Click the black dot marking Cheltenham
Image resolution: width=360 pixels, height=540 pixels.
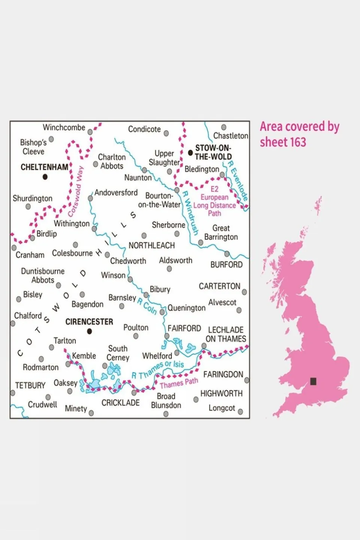(x=45, y=177)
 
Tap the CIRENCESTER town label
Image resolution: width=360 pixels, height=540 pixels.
(x=89, y=322)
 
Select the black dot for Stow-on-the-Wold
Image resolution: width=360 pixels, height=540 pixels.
(x=190, y=153)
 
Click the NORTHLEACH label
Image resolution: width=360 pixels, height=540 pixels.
(x=152, y=245)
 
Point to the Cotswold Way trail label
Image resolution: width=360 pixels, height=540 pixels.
(x=75, y=192)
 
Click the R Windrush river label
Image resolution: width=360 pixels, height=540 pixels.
(x=190, y=213)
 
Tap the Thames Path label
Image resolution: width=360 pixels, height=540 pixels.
(x=179, y=383)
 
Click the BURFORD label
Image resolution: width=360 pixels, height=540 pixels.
(x=226, y=265)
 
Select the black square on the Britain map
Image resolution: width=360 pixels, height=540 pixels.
(x=313, y=381)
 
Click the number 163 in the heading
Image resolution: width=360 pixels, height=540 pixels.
(x=297, y=143)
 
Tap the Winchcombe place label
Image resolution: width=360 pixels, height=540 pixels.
(x=64, y=128)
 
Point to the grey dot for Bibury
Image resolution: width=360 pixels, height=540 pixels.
(x=146, y=295)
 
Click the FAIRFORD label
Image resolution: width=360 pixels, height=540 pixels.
(x=184, y=328)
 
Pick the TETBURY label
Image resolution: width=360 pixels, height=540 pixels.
(x=30, y=385)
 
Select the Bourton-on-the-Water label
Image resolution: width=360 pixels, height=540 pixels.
(x=159, y=200)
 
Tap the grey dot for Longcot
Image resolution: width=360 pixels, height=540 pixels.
(x=240, y=412)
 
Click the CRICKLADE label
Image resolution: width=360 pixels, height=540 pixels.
(x=121, y=403)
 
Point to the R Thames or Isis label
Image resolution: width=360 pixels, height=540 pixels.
(x=158, y=369)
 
